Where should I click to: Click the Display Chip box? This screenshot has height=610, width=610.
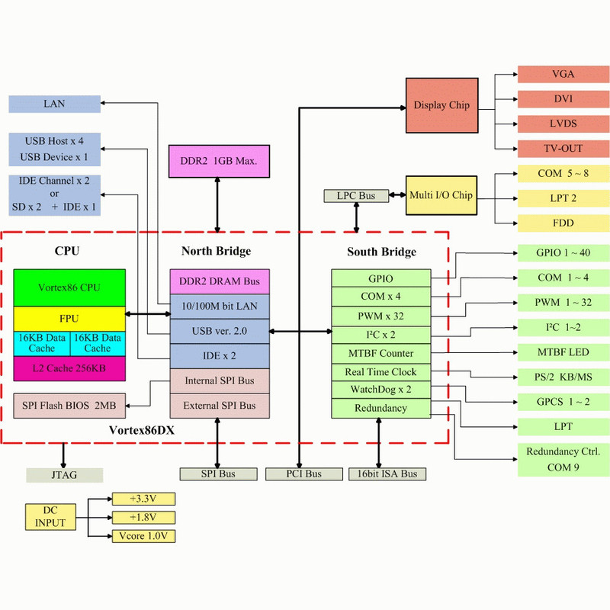tap(441, 105)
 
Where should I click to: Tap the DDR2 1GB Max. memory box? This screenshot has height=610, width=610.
tap(219, 162)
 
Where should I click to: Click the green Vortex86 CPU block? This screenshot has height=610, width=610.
tap(69, 287)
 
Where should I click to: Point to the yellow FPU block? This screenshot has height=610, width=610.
tap(69, 318)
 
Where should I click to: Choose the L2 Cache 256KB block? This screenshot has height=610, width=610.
tap(69, 368)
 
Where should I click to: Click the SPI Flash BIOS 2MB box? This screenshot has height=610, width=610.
tap(69, 405)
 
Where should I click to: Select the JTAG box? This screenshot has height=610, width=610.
tap(63, 474)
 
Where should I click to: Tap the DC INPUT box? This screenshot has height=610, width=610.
tap(50, 517)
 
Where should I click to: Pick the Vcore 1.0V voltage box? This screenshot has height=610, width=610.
tap(143, 536)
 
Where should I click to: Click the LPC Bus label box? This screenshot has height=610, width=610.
tap(356, 196)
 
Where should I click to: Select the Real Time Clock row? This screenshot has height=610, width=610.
tap(381, 372)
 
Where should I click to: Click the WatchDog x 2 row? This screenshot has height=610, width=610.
tap(381, 390)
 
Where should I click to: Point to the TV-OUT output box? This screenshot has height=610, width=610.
tap(563, 148)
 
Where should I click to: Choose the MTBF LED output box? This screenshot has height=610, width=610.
tap(563, 353)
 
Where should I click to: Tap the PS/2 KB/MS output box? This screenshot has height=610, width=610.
tap(563, 377)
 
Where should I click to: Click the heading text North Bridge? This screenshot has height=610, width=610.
tap(216, 251)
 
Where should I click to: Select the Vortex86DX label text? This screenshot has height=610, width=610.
tap(142, 430)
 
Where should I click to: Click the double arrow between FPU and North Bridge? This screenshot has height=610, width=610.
tap(147, 313)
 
